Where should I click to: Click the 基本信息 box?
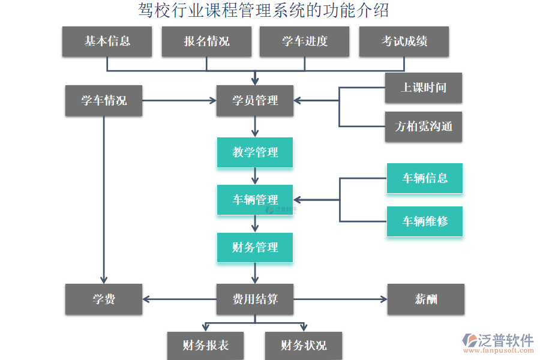107,41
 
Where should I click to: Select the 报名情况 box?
206,41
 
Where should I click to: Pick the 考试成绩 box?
404,41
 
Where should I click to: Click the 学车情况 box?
104,100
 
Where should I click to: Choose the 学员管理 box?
255,100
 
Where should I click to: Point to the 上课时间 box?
424,88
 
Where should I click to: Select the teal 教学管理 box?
255,152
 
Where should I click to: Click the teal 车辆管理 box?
255,200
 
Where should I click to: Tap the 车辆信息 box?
424,178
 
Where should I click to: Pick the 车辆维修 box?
424,221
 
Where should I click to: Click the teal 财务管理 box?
255,247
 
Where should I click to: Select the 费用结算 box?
255,299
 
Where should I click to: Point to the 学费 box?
104,299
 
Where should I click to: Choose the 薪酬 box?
425,299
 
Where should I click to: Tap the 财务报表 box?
205,346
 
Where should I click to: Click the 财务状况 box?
304,346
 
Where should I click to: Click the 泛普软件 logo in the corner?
497,344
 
